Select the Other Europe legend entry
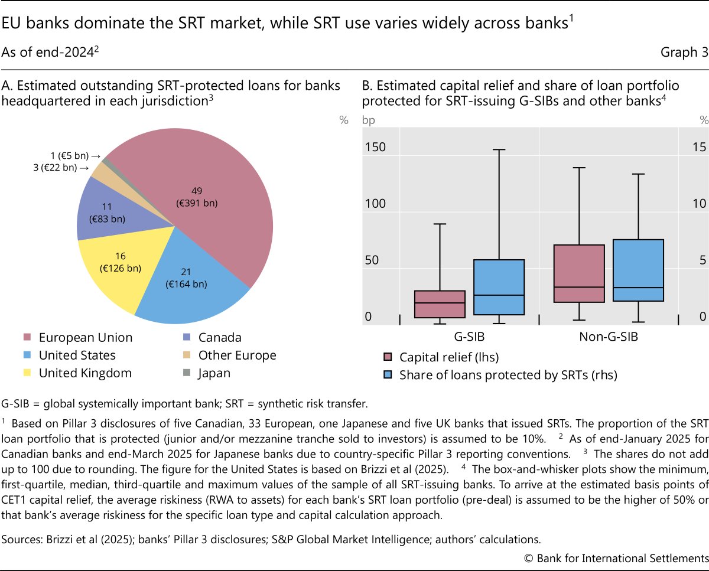point(237,355)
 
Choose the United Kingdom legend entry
point(85,373)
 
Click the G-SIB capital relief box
point(439,304)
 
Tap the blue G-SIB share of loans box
point(499,287)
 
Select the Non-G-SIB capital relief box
point(579,273)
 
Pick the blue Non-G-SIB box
point(639,270)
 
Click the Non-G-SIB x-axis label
point(609,338)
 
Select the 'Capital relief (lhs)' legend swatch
point(388,357)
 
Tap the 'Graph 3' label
point(684,52)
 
